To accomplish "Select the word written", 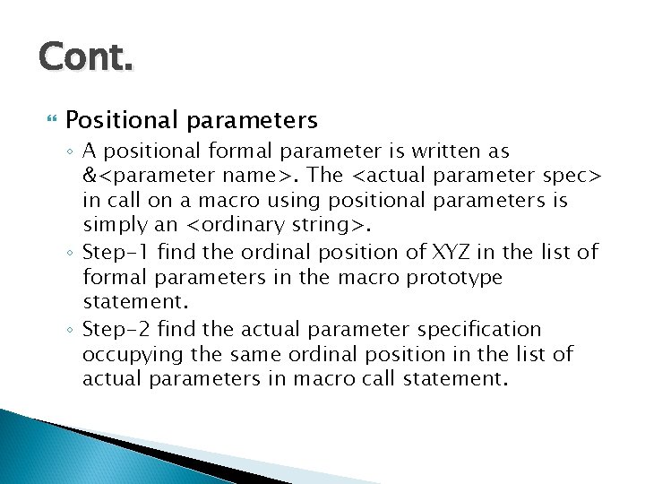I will [x=444, y=152].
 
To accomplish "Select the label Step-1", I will [x=115, y=254].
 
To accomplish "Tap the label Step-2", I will [x=115, y=330].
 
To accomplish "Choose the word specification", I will [x=475, y=330].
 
